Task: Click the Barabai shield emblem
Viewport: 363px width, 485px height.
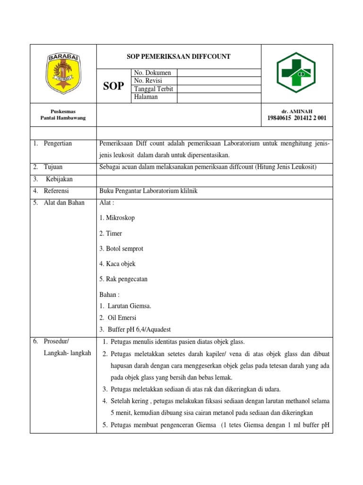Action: [x=63, y=73]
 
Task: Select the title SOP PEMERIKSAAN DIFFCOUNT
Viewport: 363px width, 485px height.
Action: [x=179, y=56]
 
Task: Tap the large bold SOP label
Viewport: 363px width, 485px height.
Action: [x=113, y=86]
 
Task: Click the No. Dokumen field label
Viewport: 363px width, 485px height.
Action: [x=153, y=72]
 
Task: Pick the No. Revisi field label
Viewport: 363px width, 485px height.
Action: [x=149, y=81]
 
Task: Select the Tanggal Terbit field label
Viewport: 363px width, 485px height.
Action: [x=154, y=89]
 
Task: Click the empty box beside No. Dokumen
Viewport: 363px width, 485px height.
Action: [x=219, y=72]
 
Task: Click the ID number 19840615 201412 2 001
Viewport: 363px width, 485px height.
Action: [x=297, y=118]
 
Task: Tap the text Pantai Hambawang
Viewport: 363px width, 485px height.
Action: [x=63, y=118]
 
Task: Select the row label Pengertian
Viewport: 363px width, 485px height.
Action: [x=58, y=144]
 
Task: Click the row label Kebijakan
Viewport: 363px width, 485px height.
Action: [x=59, y=179]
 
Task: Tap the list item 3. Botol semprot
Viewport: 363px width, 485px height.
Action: [x=121, y=249]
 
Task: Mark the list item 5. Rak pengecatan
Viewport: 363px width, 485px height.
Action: [x=123, y=279]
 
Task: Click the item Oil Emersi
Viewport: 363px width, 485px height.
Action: [x=122, y=317]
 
